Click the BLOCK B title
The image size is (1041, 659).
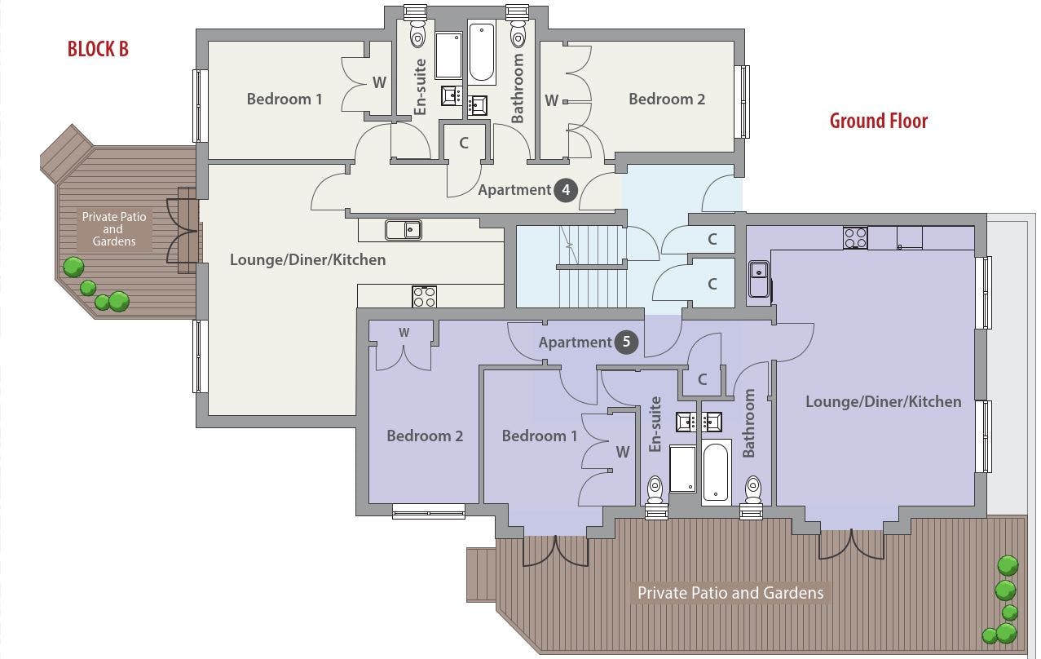coord(98,49)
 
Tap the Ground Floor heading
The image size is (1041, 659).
coord(878,121)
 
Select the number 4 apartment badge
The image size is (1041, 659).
coord(566,190)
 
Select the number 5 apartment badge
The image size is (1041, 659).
coord(626,342)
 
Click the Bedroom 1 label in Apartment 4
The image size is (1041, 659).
coord(285,99)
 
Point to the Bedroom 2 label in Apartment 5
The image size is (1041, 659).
coord(425,436)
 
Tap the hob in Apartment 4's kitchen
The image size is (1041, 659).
coord(424,297)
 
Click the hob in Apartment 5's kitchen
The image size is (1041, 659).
coord(855,238)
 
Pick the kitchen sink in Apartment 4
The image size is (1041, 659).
coord(404,230)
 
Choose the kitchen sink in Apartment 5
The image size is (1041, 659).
coord(759,279)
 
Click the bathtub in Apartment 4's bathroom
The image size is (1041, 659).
coord(482,52)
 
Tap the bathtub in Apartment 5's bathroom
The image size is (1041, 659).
coord(715,472)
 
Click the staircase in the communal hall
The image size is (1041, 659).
coord(593,267)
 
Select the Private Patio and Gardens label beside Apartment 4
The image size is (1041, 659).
coord(114,229)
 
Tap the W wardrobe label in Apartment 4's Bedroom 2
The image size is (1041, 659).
coord(551,100)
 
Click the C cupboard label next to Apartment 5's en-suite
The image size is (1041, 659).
coord(702,379)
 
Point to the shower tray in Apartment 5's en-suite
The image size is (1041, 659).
coord(682,468)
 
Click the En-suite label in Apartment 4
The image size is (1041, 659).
coord(420,86)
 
